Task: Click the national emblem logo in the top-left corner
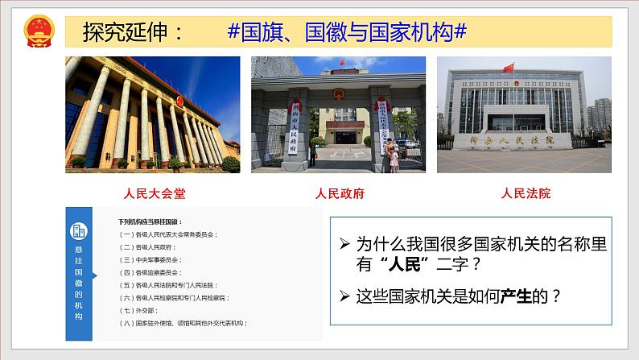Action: click(x=38, y=32)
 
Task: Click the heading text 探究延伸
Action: click(x=132, y=32)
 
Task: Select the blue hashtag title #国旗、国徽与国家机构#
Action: click(x=348, y=32)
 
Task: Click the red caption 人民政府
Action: click(x=339, y=193)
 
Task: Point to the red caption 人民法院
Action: click(x=526, y=193)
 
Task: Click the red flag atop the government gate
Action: click(x=342, y=62)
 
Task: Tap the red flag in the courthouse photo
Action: click(x=509, y=68)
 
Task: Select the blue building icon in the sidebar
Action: click(x=79, y=231)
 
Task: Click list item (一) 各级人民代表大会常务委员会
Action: click(x=169, y=234)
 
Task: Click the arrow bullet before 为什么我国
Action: click(x=344, y=242)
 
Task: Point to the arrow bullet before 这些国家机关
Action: click(x=344, y=296)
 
